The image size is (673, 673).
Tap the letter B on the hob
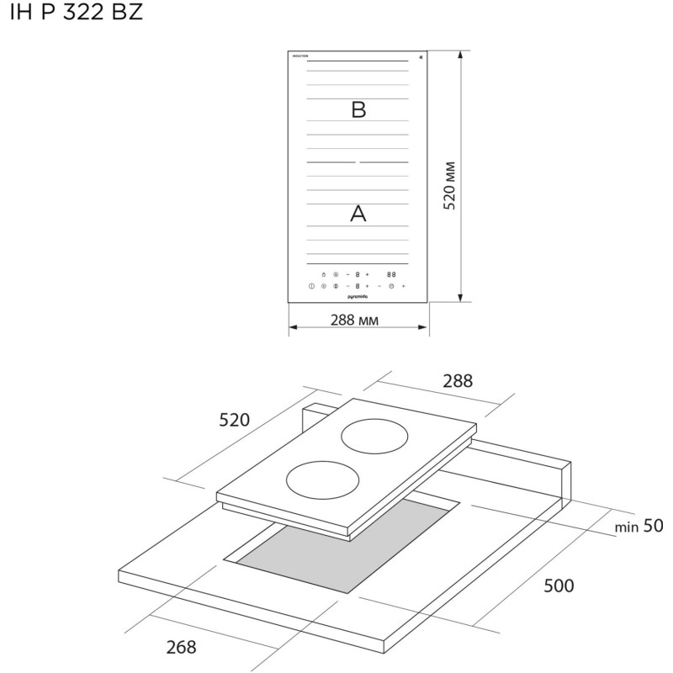coord(358,109)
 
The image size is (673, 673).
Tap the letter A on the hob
coord(358,214)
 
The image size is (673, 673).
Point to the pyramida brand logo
coord(358,297)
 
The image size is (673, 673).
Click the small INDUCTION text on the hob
coord(300,56)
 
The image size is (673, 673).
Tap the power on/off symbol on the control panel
coord(311,287)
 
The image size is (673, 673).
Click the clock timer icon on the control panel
coord(391,287)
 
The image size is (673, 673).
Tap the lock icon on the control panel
coord(323,274)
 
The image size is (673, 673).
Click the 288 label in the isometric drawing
coord(458,381)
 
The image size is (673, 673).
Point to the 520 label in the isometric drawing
coord(235,420)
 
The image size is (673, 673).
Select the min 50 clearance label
coord(639,527)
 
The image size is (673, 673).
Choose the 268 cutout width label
coord(181,647)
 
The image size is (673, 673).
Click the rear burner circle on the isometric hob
coord(375,438)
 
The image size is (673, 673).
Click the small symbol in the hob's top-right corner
coord(420,56)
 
